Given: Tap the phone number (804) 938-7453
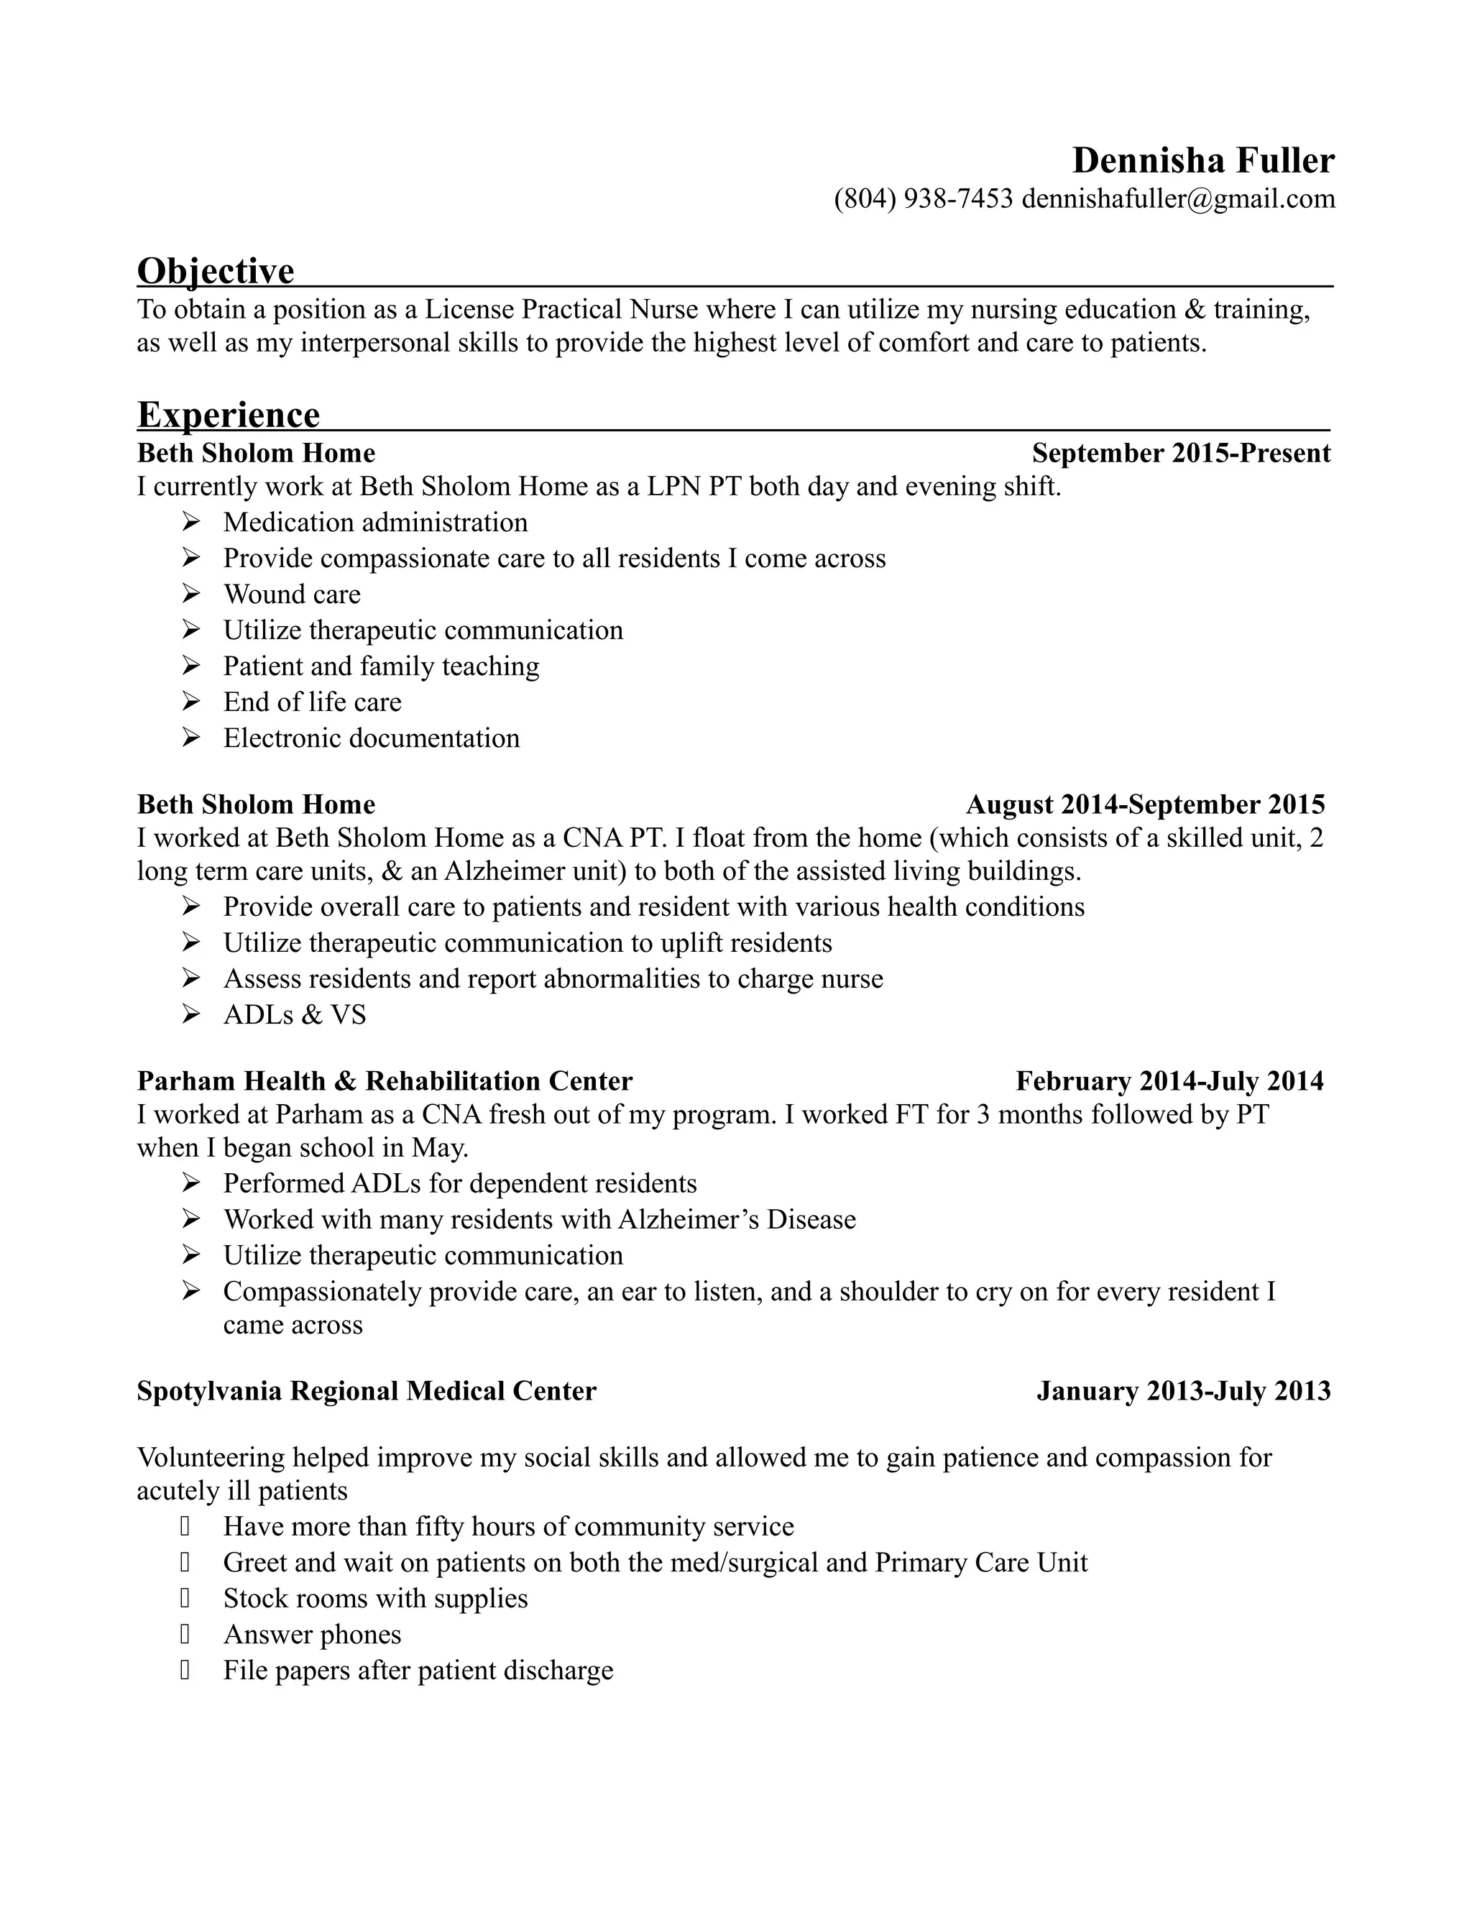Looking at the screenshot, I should [923, 199].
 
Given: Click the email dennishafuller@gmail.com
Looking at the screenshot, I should [1178, 199].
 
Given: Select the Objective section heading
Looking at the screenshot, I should [216, 270].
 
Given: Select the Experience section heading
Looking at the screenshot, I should [229, 416].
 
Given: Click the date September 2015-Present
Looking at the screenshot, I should [1181, 454].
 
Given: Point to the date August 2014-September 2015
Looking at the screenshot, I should [1145, 804].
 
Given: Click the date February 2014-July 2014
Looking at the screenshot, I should [1169, 1082].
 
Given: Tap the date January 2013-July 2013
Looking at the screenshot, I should [1183, 1391].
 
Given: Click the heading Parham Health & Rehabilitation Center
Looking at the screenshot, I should [385, 1082].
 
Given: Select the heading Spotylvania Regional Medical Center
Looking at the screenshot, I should [367, 1391].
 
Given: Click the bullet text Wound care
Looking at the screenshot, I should [291, 595].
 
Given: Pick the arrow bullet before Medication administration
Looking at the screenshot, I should [191, 523].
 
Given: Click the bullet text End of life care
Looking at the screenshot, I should [312, 702].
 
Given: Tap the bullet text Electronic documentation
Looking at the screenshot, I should [372, 739].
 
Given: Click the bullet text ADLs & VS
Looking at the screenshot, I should [295, 1015].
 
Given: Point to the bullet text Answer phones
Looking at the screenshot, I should [312, 1635].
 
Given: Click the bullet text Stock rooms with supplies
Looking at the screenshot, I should [375, 1599].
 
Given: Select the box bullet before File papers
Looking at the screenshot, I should [185, 1671].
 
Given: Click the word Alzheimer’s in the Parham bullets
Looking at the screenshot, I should [688, 1219].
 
